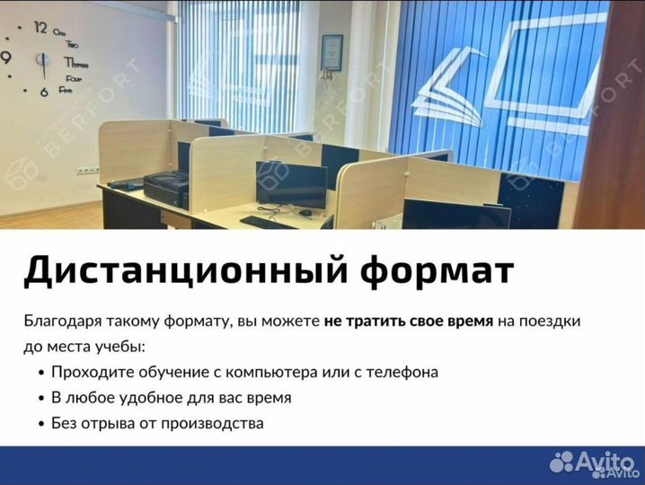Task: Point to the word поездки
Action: click(552, 321)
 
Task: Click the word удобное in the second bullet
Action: click(147, 397)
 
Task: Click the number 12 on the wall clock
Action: click(40, 28)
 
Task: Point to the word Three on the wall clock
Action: click(75, 63)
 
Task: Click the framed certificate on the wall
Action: click(332, 52)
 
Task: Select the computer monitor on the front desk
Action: click(291, 184)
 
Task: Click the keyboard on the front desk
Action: click(269, 222)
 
